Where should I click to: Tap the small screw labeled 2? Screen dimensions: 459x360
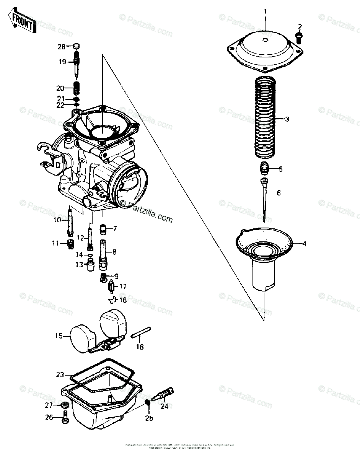tap(299, 37)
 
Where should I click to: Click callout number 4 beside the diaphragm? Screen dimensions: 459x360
tap(305, 244)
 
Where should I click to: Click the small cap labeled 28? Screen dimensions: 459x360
tap(76, 47)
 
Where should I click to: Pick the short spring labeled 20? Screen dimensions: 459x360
tap(76, 90)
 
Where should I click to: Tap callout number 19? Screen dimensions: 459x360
tap(63, 61)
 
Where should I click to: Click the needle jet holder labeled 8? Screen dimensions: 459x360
tap(103, 252)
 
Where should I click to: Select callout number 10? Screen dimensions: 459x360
tap(57, 220)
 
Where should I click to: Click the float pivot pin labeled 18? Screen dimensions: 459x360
tap(142, 332)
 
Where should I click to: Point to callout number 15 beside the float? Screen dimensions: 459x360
tap(58, 336)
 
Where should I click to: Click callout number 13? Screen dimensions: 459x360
tap(79, 264)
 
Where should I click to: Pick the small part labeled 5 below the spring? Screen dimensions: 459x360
tap(264, 168)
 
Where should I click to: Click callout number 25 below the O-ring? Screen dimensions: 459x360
tap(148, 418)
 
